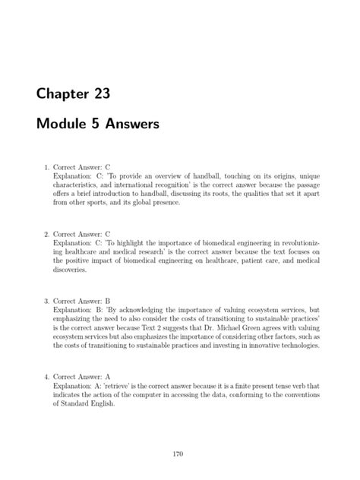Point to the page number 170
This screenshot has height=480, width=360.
tap(179, 453)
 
